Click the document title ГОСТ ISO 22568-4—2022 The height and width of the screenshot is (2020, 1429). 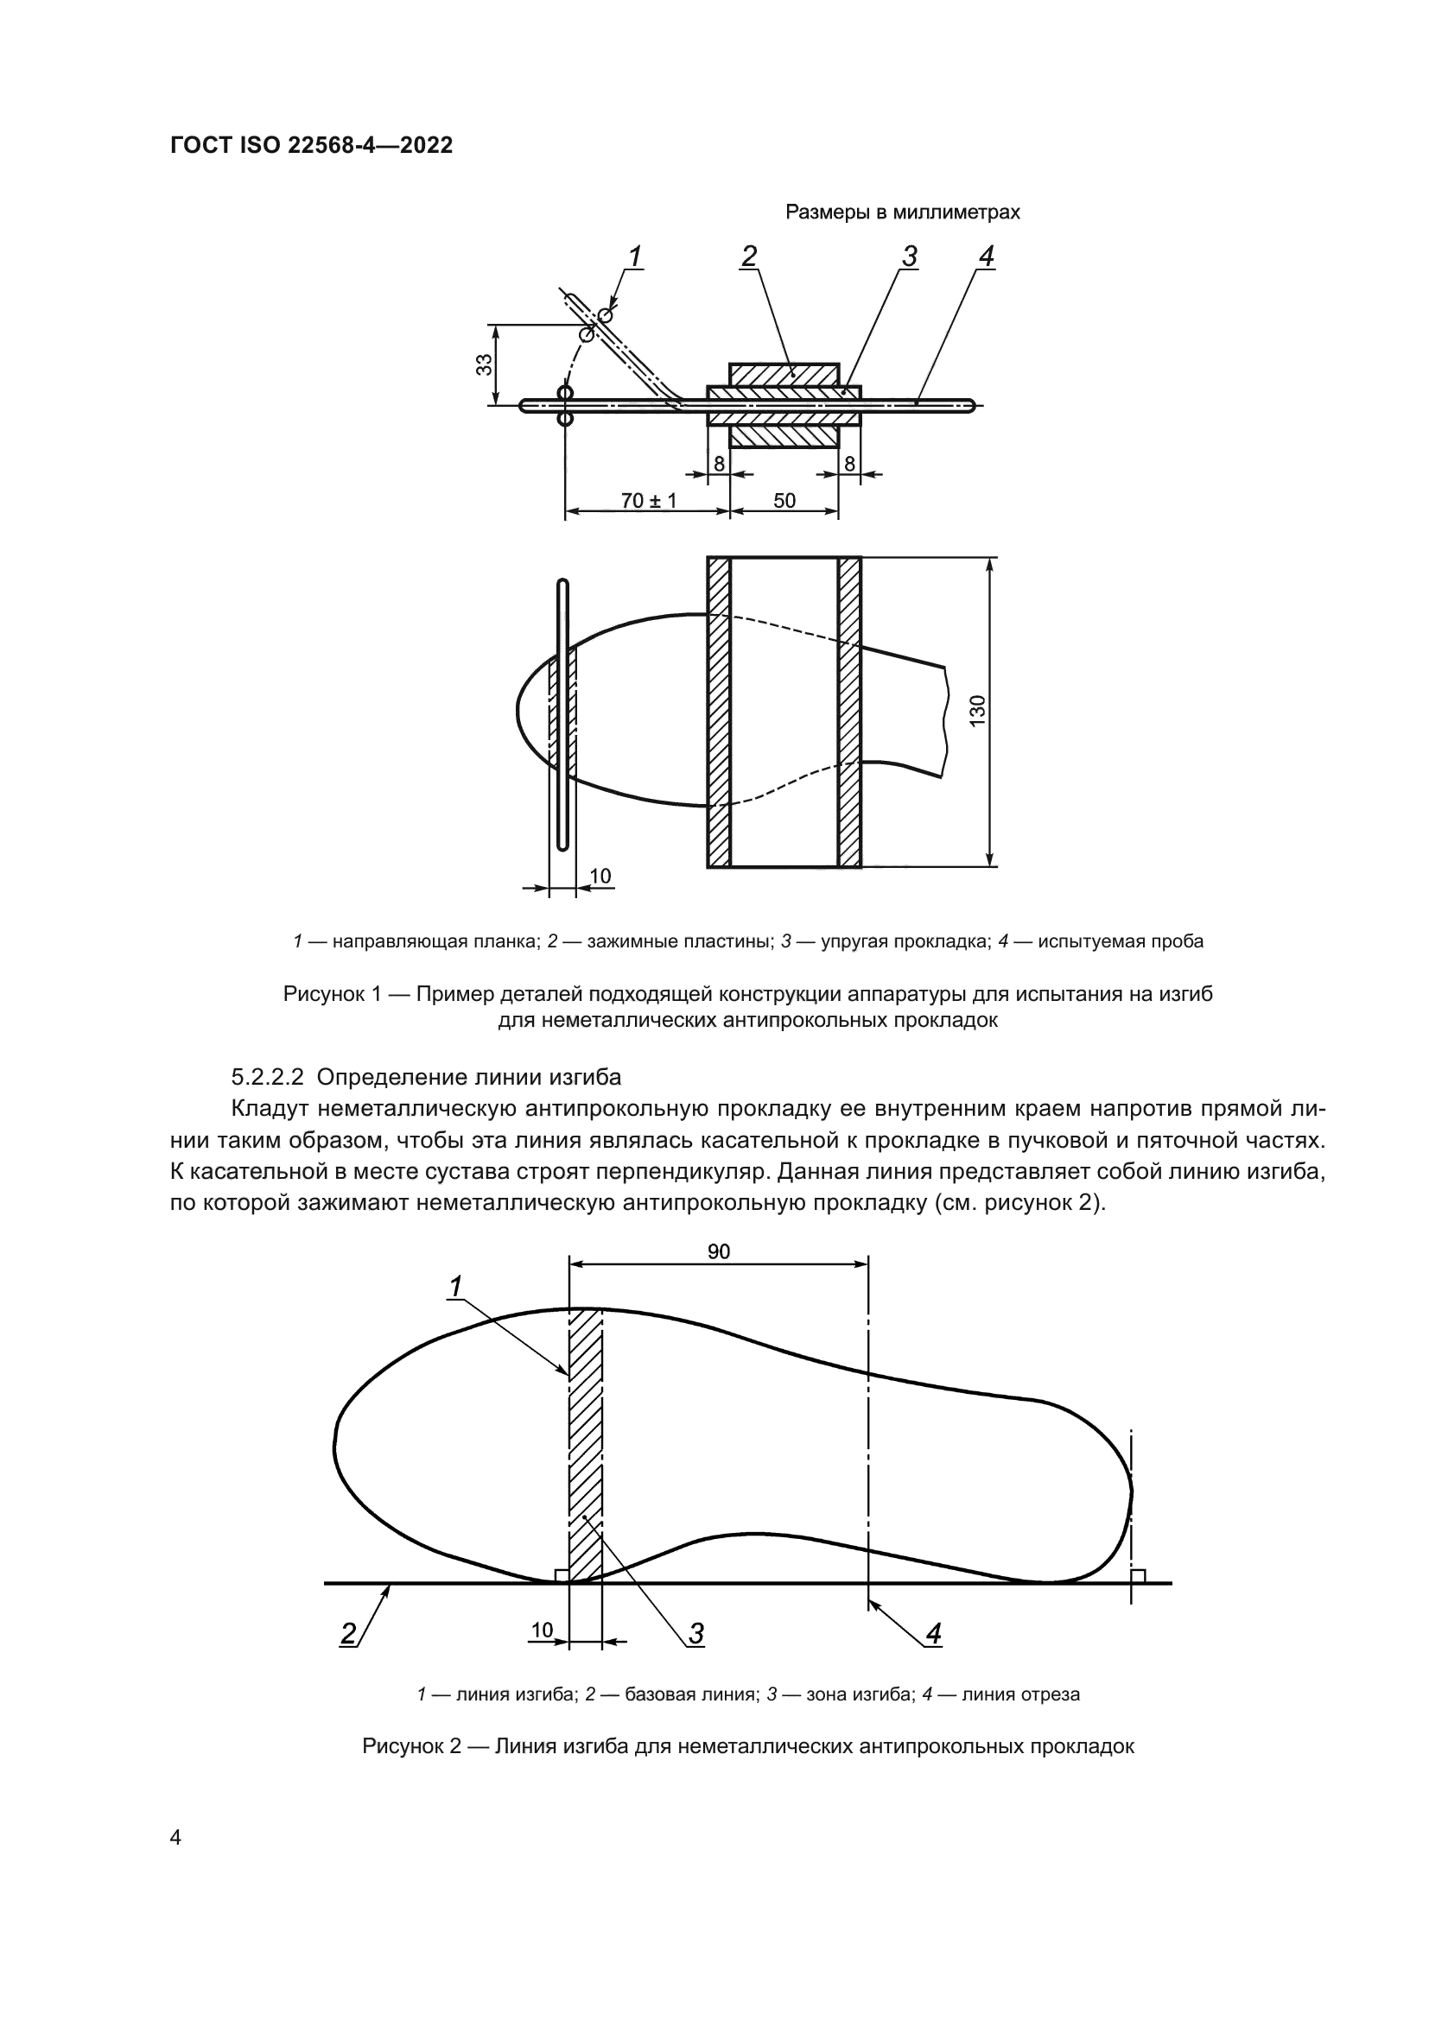point(311,146)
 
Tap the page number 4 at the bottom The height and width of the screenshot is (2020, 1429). point(176,1837)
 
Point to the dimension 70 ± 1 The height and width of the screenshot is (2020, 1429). point(649,501)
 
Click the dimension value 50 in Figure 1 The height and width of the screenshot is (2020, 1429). point(784,501)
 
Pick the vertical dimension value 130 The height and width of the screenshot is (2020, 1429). point(979,711)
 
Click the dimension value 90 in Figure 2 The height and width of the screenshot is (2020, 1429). point(718,1251)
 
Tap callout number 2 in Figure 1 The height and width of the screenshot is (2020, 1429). point(749,256)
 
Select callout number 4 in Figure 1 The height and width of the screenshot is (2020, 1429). point(986,256)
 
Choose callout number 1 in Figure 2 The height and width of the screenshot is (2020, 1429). point(455,1287)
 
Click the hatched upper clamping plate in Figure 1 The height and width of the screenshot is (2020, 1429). point(783,374)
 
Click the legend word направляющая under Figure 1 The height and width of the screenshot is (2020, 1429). point(384,941)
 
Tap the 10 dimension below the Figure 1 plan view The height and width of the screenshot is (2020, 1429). point(600,876)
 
